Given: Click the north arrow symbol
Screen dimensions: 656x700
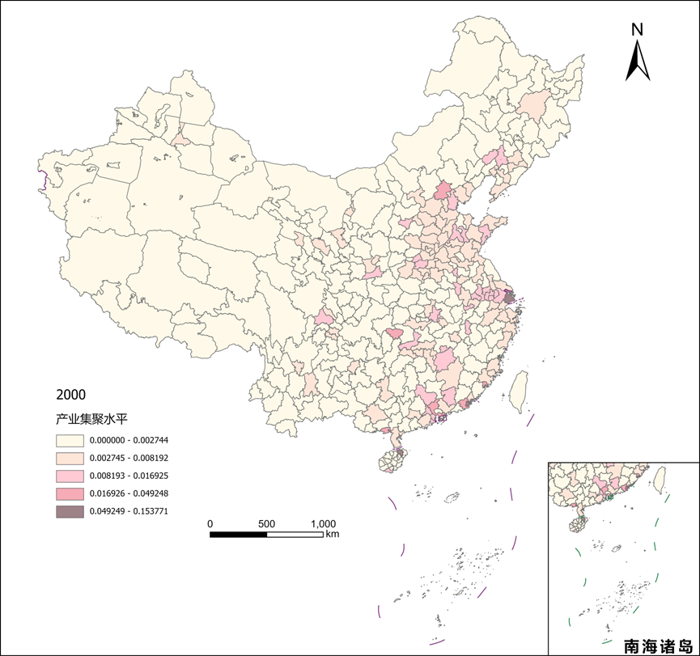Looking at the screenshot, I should click(x=638, y=61).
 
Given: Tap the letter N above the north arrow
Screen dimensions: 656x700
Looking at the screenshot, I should click(x=638, y=30).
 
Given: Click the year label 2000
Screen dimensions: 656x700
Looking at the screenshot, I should click(x=70, y=395).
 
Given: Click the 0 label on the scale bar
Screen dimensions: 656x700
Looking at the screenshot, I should click(x=210, y=523).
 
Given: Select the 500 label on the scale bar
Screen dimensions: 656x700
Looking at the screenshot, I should click(x=267, y=523).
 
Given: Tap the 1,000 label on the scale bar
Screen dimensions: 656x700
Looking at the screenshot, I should click(x=324, y=523).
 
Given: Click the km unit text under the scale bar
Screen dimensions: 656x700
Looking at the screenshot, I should click(x=333, y=535).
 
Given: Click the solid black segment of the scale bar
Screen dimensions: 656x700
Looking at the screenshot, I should click(x=239, y=534).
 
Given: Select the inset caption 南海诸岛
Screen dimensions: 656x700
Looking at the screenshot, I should click(x=659, y=646).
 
